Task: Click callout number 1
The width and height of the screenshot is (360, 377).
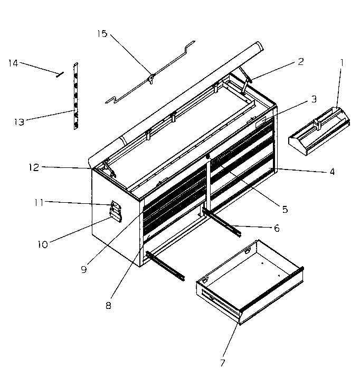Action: pos(342,62)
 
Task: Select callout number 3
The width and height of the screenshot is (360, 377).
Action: pos(314,99)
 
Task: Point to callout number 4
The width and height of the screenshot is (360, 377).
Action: pos(331,171)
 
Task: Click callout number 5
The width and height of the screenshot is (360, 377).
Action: pos(285,209)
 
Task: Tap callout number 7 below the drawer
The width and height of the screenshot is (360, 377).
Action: pos(222,362)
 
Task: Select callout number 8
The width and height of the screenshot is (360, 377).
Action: pos(109,305)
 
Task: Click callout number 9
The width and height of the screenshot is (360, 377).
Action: pos(84,268)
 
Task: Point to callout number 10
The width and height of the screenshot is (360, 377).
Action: pos(43,244)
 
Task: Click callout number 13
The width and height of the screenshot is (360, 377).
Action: pos(19,122)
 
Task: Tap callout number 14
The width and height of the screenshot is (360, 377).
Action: pos(13,63)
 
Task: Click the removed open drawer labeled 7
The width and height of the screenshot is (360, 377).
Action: pos(248,285)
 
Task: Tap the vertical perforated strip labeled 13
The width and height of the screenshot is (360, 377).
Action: pos(77,95)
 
